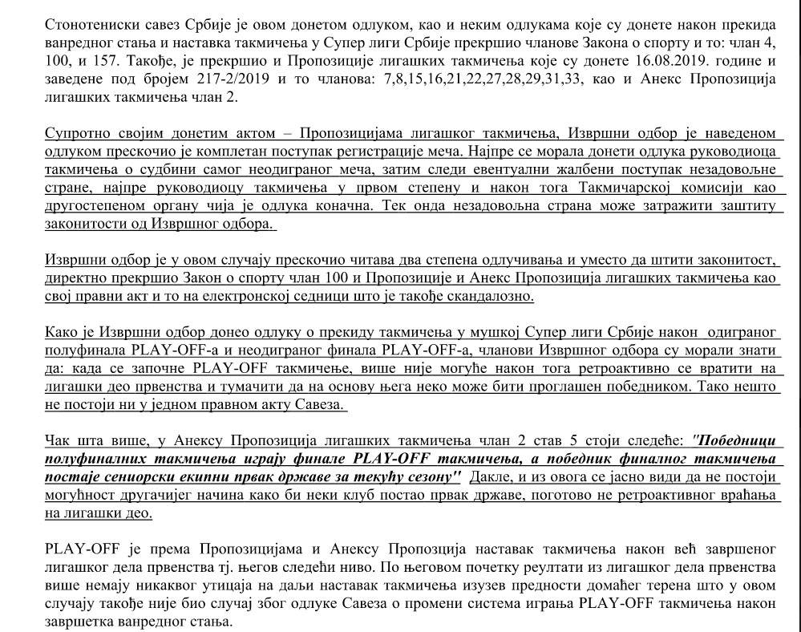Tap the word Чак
coord(56,441)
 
